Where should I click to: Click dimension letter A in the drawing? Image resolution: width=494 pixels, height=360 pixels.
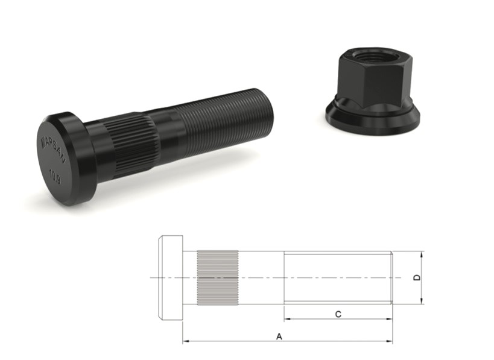pos(279,336)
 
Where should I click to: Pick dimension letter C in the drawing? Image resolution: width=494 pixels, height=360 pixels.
pos(338,313)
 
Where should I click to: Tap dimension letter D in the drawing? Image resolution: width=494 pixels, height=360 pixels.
pos(416,277)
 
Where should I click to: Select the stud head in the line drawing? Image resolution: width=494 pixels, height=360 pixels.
pos(171,277)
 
